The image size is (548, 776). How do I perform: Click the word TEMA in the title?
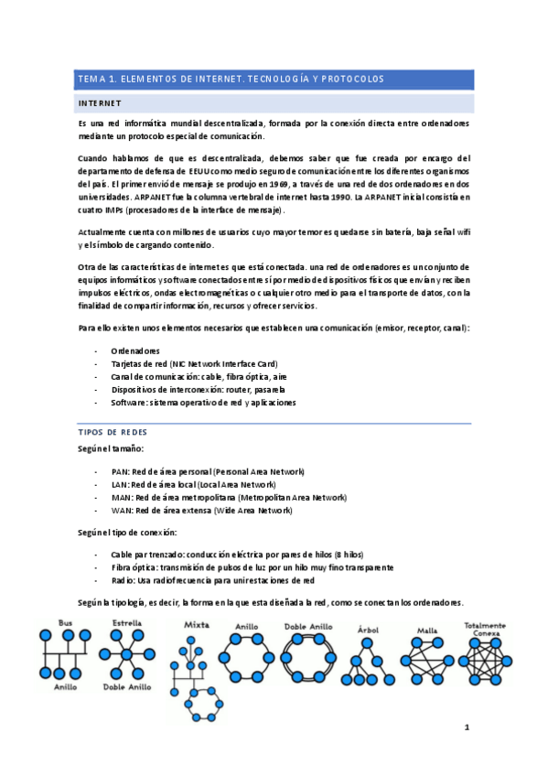tap(91, 79)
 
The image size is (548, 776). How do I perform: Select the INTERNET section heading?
tap(101, 102)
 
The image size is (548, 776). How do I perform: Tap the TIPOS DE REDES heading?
tap(113, 431)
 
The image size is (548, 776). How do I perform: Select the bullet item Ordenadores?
tap(134, 350)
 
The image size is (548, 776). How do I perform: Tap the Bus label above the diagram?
tap(65, 622)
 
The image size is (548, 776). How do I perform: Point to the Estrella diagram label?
tap(126, 622)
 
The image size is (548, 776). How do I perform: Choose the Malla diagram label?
tap(425, 630)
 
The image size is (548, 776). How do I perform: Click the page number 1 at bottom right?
tap(467, 728)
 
